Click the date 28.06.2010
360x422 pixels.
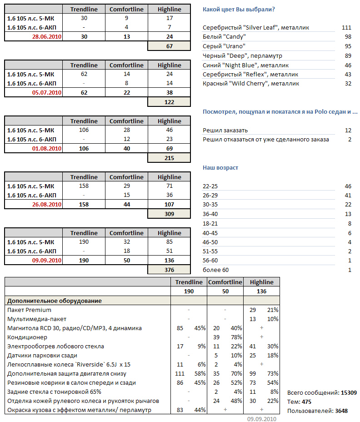click(x=47, y=37)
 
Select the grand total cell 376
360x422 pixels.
click(x=169, y=270)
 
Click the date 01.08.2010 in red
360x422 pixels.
click(x=47, y=149)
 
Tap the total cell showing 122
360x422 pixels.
click(x=169, y=102)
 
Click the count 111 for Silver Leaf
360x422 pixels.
click(x=346, y=28)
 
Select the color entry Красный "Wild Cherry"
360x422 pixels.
click(x=251, y=84)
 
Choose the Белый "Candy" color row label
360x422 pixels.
click(x=224, y=37)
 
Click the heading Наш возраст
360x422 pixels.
click(x=220, y=168)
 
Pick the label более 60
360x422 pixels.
click(x=216, y=270)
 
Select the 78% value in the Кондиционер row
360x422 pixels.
click(x=236, y=337)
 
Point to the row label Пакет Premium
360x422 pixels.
click(x=29, y=310)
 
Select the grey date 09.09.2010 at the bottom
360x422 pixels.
click(x=261, y=419)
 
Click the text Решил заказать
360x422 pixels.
click(x=225, y=131)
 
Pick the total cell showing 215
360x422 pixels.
click(x=169, y=158)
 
